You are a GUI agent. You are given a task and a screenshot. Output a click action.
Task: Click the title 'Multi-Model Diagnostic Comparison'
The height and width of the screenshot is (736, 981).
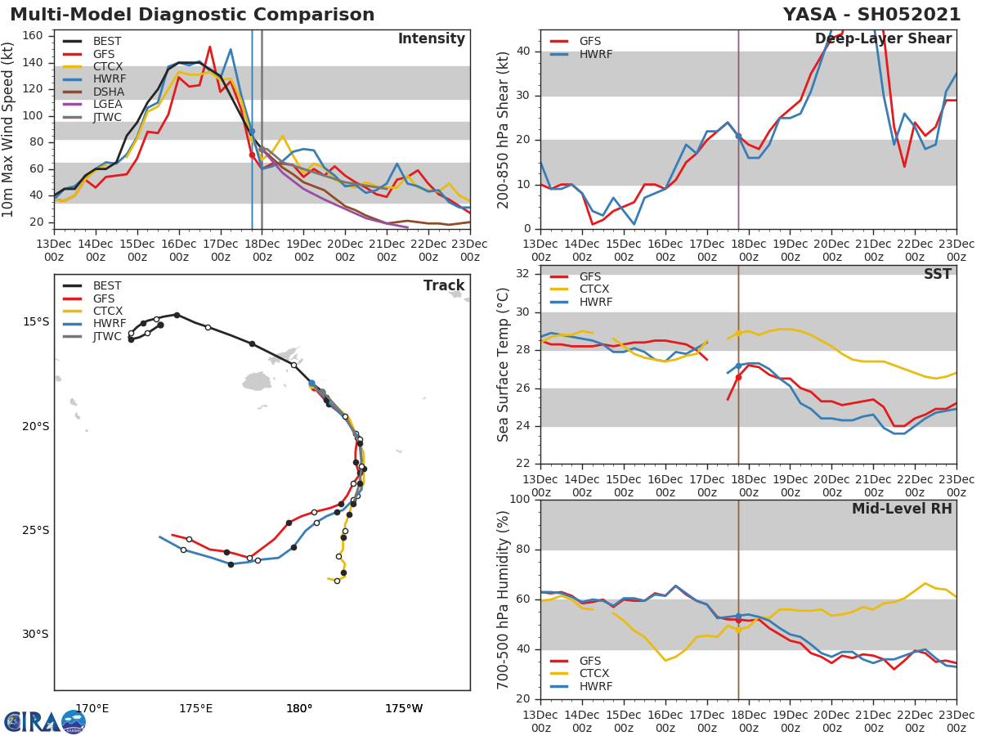pos(192,15)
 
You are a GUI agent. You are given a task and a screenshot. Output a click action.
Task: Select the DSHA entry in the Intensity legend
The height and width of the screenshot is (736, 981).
pos(107,92)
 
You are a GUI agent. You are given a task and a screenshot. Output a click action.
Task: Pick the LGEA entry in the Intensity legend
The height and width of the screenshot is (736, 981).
pos(107,104)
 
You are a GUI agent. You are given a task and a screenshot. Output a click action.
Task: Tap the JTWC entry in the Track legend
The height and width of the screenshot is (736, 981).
pos(107,336)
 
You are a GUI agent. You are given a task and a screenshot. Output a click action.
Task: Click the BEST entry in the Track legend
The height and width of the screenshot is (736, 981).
pos(107,285)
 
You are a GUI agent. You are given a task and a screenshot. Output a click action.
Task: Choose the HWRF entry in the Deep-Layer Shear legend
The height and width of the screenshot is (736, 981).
pos(595,54)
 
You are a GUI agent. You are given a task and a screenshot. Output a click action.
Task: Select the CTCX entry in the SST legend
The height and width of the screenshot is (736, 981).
pos(594,289)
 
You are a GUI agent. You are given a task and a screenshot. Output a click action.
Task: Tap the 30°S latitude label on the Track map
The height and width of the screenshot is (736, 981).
pos(35,634)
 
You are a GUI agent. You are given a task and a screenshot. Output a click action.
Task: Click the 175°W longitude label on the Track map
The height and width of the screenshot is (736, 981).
pos(404,708)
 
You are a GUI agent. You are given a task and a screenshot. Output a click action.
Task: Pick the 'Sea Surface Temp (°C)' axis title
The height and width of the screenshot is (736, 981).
pos(504,364)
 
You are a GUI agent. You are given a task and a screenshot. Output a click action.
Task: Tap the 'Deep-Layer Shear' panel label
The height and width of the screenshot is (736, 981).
pos(883,39)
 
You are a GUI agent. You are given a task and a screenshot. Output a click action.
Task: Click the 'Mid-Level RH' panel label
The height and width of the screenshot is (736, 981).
pos(902,509)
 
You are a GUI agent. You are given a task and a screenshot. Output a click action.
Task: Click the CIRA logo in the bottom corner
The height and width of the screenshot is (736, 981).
pos(45,721)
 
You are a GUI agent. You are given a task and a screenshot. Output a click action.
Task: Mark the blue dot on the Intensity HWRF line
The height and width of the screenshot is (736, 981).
pos(252,131)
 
